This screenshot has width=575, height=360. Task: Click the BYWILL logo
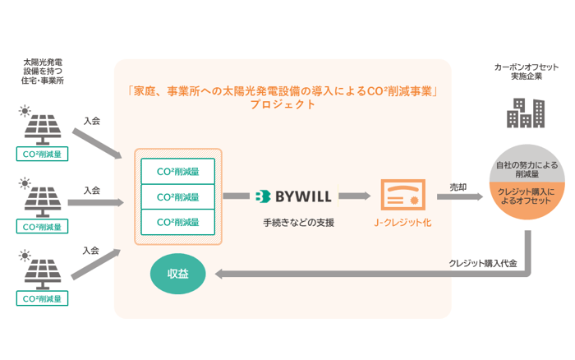292,196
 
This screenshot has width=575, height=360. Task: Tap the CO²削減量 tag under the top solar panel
43,154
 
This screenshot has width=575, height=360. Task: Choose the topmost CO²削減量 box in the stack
178,171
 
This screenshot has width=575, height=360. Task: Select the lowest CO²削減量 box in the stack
178,222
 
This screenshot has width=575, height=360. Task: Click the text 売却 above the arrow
458,187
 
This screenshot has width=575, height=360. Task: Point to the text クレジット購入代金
482,264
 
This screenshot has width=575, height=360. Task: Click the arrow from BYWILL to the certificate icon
354,196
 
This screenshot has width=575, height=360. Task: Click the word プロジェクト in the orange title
283,105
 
